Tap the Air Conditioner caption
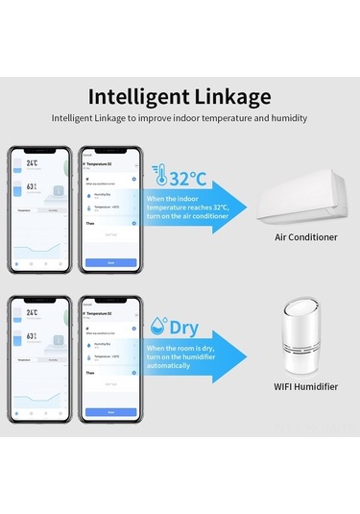tap(305, 236)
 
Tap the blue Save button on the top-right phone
tap(110, 261)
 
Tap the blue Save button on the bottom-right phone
tap(110, 411)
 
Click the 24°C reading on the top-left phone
tap(32, 164)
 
